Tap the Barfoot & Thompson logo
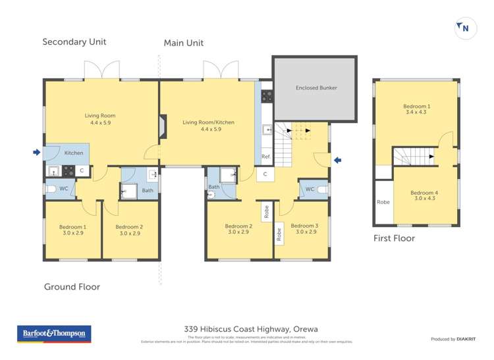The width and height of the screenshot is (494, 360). [x=55, y=334]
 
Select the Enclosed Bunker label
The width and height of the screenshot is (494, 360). [x=316, y=88]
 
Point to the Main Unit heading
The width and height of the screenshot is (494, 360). [x=184, y=43]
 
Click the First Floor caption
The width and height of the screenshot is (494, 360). [x=394, y=238]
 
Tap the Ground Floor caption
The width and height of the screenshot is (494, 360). [x=72, y=287]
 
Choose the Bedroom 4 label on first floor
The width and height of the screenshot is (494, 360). [x=424, y=197]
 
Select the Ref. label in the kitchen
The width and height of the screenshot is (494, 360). [x=265, y=157]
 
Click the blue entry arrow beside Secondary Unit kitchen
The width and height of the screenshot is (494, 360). [x=36, y=153]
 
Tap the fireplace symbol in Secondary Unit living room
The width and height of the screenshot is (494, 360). [x=162, y=127]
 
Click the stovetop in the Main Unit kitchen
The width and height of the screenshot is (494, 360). [x=267, y=97]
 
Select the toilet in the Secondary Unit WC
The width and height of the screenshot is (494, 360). [x=51, y=189]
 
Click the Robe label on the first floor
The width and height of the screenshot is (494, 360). [x=383, y=202]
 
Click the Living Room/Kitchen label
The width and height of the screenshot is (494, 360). [x=208, y=126]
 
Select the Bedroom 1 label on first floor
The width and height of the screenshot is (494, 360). [x=416, y=109]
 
